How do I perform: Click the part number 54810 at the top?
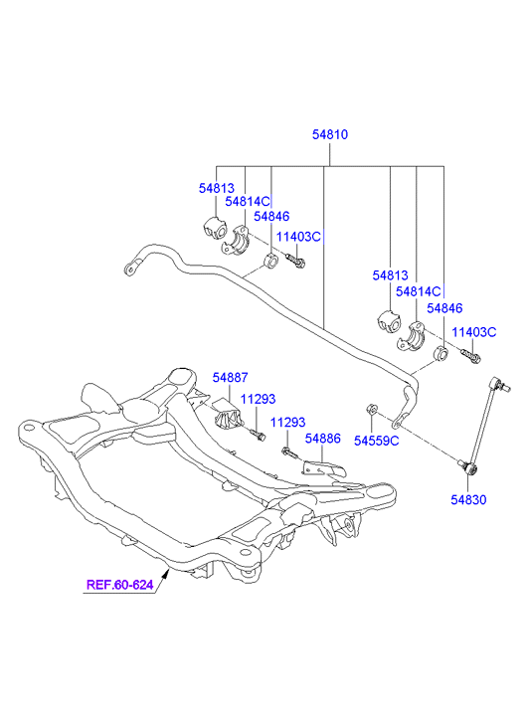(330, 134)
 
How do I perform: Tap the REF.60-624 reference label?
(120, 585)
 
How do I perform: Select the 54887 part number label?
(230, 377)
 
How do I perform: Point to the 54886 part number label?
(323, 438)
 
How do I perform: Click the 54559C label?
(376, 441)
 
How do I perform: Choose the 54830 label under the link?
(468, 499)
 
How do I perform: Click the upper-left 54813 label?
(217, 188)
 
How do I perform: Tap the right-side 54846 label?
(444, 308)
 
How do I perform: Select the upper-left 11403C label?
(298, 237)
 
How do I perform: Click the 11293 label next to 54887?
(259, 399)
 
